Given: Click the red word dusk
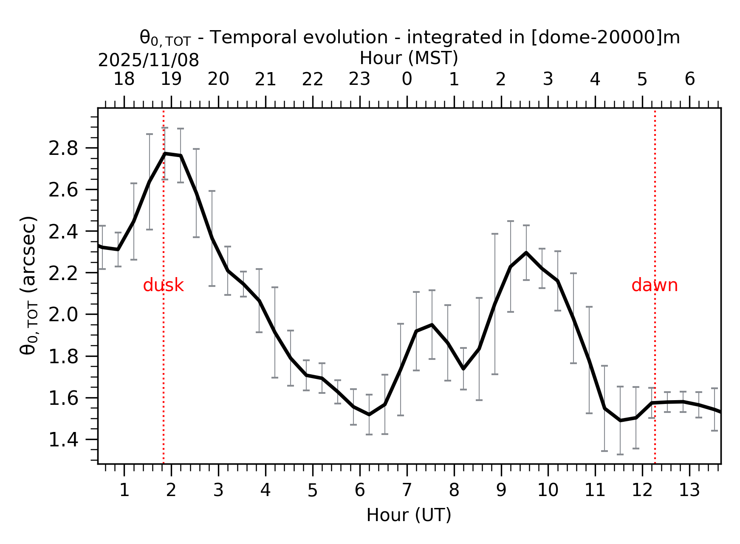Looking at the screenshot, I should [163, 286].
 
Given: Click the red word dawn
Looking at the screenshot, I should [654, 286].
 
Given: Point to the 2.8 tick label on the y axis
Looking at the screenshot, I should [63, 149].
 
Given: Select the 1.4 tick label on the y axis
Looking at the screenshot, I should [63, 440].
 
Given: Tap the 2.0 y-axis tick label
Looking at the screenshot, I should [63, 315].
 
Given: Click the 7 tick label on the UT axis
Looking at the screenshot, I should [407, 491].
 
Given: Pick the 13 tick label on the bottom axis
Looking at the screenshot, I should [689, 491].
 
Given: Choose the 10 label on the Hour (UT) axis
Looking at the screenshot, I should [548, 491].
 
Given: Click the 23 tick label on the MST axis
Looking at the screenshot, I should [359, 79].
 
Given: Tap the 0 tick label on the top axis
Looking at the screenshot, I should [407, 79].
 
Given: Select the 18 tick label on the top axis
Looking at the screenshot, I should [124, 79].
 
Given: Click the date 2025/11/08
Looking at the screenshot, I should [148, 61].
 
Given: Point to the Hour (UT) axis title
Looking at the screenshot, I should [409, 515].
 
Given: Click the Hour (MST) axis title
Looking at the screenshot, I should [409, 58].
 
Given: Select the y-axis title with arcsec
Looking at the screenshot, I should [29, 285].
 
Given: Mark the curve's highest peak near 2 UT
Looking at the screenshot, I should [165, 154].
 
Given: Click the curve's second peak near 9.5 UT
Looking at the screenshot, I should [526, 253].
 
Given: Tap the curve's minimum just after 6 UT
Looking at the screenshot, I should [369, 414].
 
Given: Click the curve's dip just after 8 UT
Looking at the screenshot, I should [463, 368].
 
